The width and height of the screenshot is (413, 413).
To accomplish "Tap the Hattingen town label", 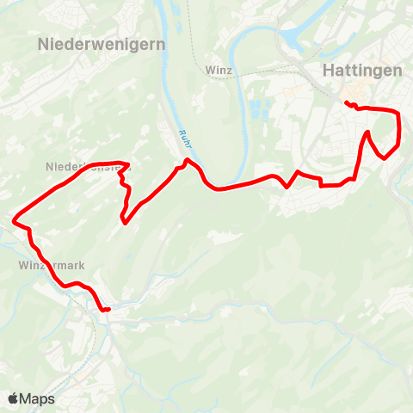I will pyautogui.click(x=361, y=71).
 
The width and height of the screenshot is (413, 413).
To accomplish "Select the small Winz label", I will pyautogui.click(x=221, y=70).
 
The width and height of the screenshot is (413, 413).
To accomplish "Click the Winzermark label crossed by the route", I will pyautogui.click(x=51, y=266).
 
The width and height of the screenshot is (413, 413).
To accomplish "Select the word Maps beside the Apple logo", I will pyautogui.click(x=37, y=399).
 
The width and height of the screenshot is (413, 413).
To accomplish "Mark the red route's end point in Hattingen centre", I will pyautogui.click(x=346, y=103).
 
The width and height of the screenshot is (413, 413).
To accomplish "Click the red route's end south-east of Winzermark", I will pyautogui.click(x=109, y=310).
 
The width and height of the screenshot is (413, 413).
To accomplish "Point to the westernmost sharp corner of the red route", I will pyautogui.click(x=14, y=222).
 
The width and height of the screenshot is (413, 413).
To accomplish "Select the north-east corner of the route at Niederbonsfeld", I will pyautogui.click(x=128, y=163).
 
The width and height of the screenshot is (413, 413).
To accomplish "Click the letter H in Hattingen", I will pyautogui.click(x=327, y=71).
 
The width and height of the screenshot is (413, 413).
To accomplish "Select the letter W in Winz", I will pyautogui.click(x=212, y=70).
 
